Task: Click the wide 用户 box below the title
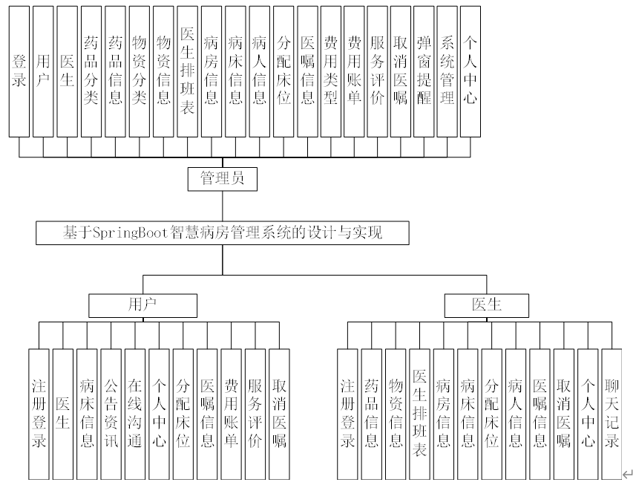pos(142,305)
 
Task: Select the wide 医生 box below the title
pos(486,305)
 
